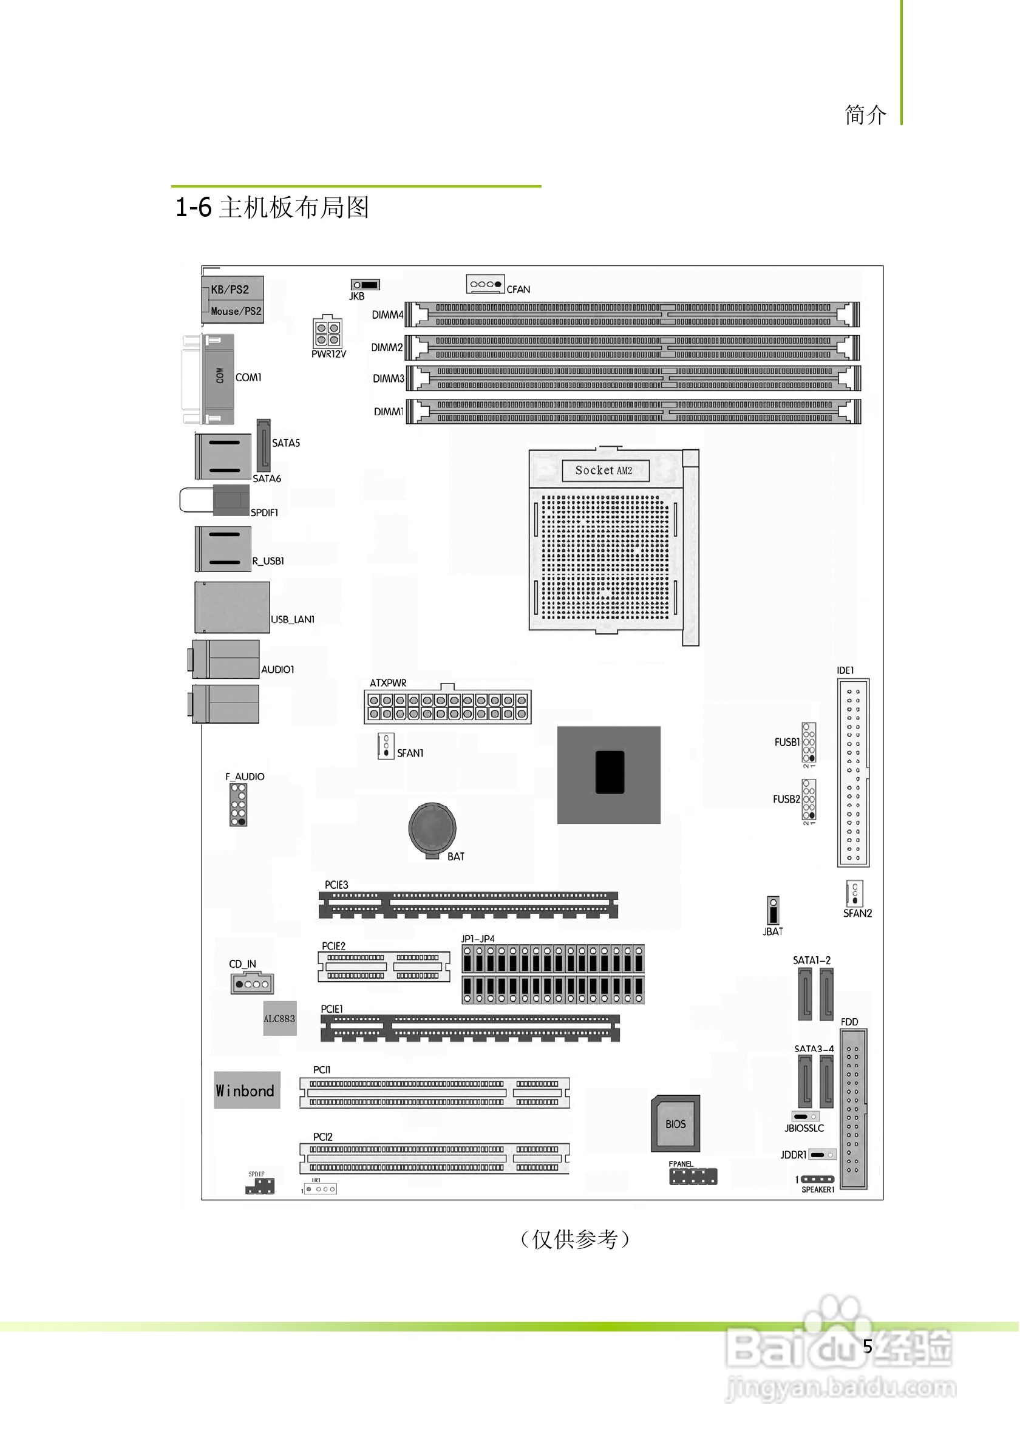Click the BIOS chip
pyautogui.click(x=675, y=1123)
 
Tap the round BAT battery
pyautogui.click(x=432, y=828)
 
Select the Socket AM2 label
pyautogui.click(x=604, y=470)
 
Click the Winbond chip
pyautogui.click(x=246, y=1090)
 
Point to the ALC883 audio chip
pyautogui.click(x=279, y=1018)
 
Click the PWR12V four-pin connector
pyautogui.click(x=327, y=333)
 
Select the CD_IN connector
pyautogui.click(x=252, y=984)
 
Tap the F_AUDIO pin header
pyautogui.click(x=238, y=804)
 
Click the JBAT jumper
pyautogui.click(x=773, y=911)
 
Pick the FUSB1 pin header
pyautogui.click(x=809, y=743)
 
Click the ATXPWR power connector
pyautogui.click(x=447, y=707)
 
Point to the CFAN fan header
pyautogui.click(x=484, y=285)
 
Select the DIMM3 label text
pyautogui.click(x=387, y=379)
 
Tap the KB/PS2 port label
pyautogui.click(x=229, y=290)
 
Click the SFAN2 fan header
pyautogui.click(x=854, y=893)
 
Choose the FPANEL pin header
pyautogui.click(x=693, y=1176)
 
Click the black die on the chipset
pyautogui.click(x=609, y=772)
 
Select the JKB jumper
pyautogui.click(x=365, y=285)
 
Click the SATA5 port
pyautogui.click(x=263, y=444)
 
